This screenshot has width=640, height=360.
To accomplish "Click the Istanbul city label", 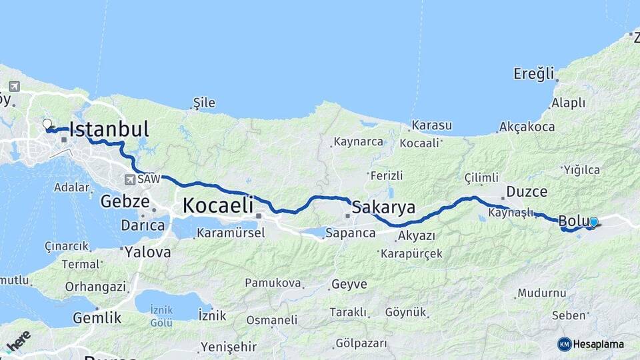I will pos(109,129).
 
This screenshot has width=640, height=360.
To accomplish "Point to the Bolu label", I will pos(571,221).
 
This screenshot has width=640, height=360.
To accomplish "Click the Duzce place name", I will pos(527,192).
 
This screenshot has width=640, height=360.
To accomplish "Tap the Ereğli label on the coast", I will pos(533,73).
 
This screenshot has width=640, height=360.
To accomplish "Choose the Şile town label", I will pos(204,103).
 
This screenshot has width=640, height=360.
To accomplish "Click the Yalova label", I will pos(149,253).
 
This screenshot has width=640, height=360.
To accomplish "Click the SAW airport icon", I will pos(129,179).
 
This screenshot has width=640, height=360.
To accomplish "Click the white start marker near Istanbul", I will pos(47,124).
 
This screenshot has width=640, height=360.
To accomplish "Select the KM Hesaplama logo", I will pos(591,344).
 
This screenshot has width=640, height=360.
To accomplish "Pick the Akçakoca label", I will pos(527,127).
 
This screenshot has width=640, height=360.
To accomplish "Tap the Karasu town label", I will pos(431,125).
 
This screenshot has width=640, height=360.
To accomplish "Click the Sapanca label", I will pos(351,233).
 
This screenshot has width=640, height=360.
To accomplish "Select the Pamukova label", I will pos(273,283).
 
